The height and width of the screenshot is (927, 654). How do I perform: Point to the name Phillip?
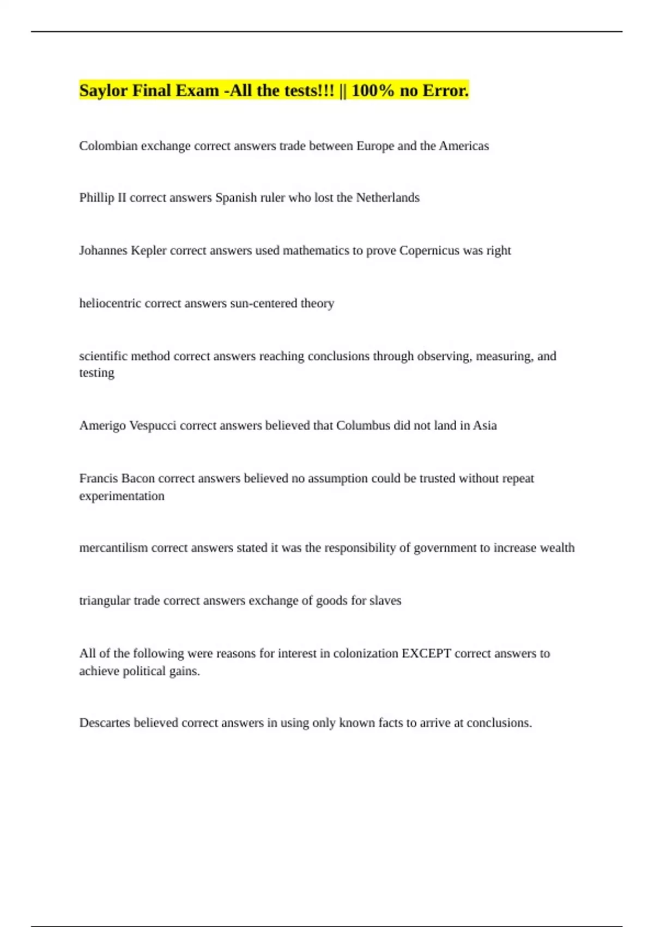click(96, 197)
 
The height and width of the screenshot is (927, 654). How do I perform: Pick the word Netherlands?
click(387, 197)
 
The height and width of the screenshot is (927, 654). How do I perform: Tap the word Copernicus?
click(429, 251)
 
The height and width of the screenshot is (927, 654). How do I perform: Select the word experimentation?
click(122, 496)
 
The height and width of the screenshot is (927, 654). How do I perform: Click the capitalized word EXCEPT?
click(426, 653)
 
